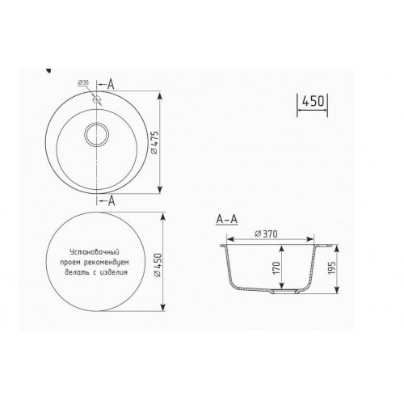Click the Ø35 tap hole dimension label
coord(83,82)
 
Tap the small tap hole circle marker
coord(96,100)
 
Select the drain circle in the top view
coord(97,134)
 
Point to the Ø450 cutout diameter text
coord(158,265)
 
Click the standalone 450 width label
coord(313,101)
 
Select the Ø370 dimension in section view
coord(267,234)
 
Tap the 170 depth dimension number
coord(276,268)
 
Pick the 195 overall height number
coord(332,268)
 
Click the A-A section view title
coord(227,219)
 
